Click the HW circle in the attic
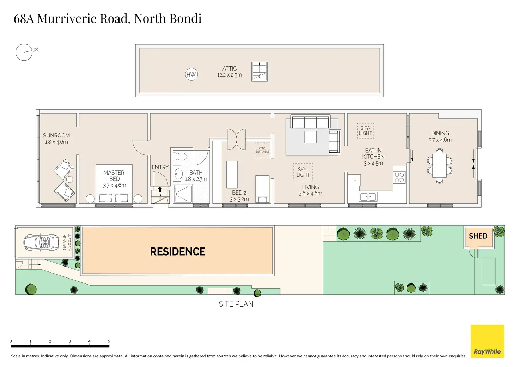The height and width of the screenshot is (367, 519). point(191,74)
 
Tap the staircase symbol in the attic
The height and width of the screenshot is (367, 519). point(259,72)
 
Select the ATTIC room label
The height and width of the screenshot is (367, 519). point(230,68)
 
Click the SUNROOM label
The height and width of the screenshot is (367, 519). point(56,135)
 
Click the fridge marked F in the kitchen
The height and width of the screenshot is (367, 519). point(354,180)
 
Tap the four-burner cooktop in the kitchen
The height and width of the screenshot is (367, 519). point(399,177)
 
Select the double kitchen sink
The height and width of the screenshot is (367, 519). point(368,196)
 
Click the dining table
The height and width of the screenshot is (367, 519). point(440,165)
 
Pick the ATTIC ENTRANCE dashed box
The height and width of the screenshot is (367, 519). point(262,150)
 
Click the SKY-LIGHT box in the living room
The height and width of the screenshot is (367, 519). point(303,172)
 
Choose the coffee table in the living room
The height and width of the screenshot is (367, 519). point(310,137)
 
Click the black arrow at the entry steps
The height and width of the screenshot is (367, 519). point(160,190)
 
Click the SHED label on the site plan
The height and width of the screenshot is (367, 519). point(478,236)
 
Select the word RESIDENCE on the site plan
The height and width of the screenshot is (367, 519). point(178,252)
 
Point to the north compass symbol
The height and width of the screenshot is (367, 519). point(24,52)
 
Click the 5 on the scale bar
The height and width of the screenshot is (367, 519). point(109,341)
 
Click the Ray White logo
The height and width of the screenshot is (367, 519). point(487,341)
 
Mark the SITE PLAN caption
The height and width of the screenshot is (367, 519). point(236,304)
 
